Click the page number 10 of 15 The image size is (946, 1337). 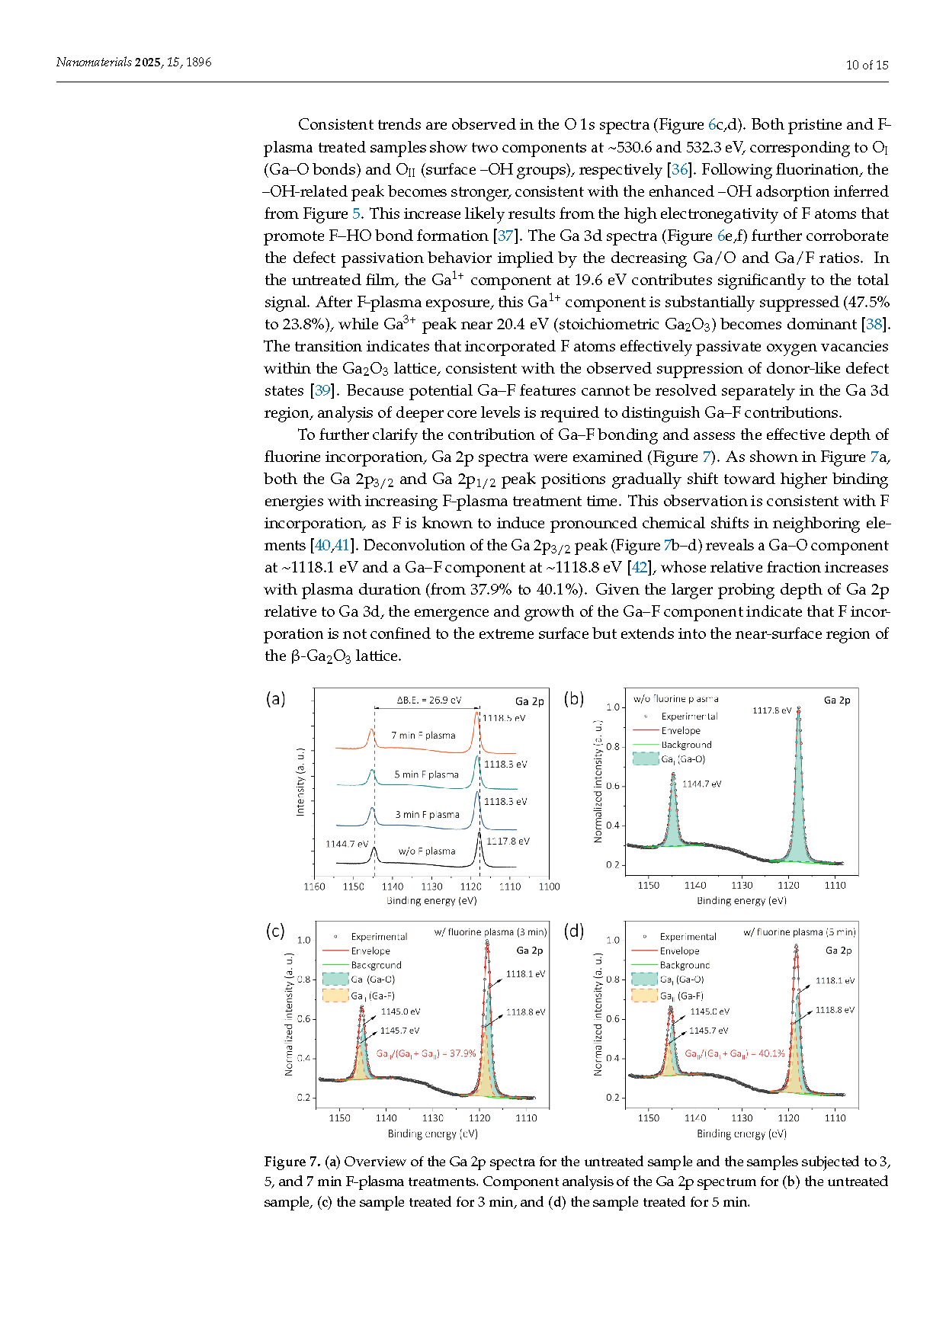coord(867,65)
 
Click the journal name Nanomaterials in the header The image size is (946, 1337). coord(94,63)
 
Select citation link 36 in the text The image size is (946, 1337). coord(678,169)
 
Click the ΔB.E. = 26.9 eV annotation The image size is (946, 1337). coord(428,701)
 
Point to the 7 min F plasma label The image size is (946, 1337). coord(423,736)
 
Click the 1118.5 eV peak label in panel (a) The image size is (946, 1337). coord(504,718)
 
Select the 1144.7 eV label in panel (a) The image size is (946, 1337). coord(346,844)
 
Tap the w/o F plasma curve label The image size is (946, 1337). coord(427,851)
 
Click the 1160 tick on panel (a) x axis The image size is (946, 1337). coord(314,887)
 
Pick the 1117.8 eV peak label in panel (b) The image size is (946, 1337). coord(771,710)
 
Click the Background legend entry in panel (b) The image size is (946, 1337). coord(686,745)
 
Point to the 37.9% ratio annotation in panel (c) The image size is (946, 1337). coord(426,1053)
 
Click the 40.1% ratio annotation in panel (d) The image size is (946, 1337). coord(735,1053)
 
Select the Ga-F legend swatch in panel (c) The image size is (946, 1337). coord(335,996)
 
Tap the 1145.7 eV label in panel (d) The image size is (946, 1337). coord(708,1031)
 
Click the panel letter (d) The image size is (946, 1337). coord(573,931)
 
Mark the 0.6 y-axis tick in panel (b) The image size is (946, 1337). coord(613,786)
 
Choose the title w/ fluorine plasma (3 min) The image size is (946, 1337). coord(490,932)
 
